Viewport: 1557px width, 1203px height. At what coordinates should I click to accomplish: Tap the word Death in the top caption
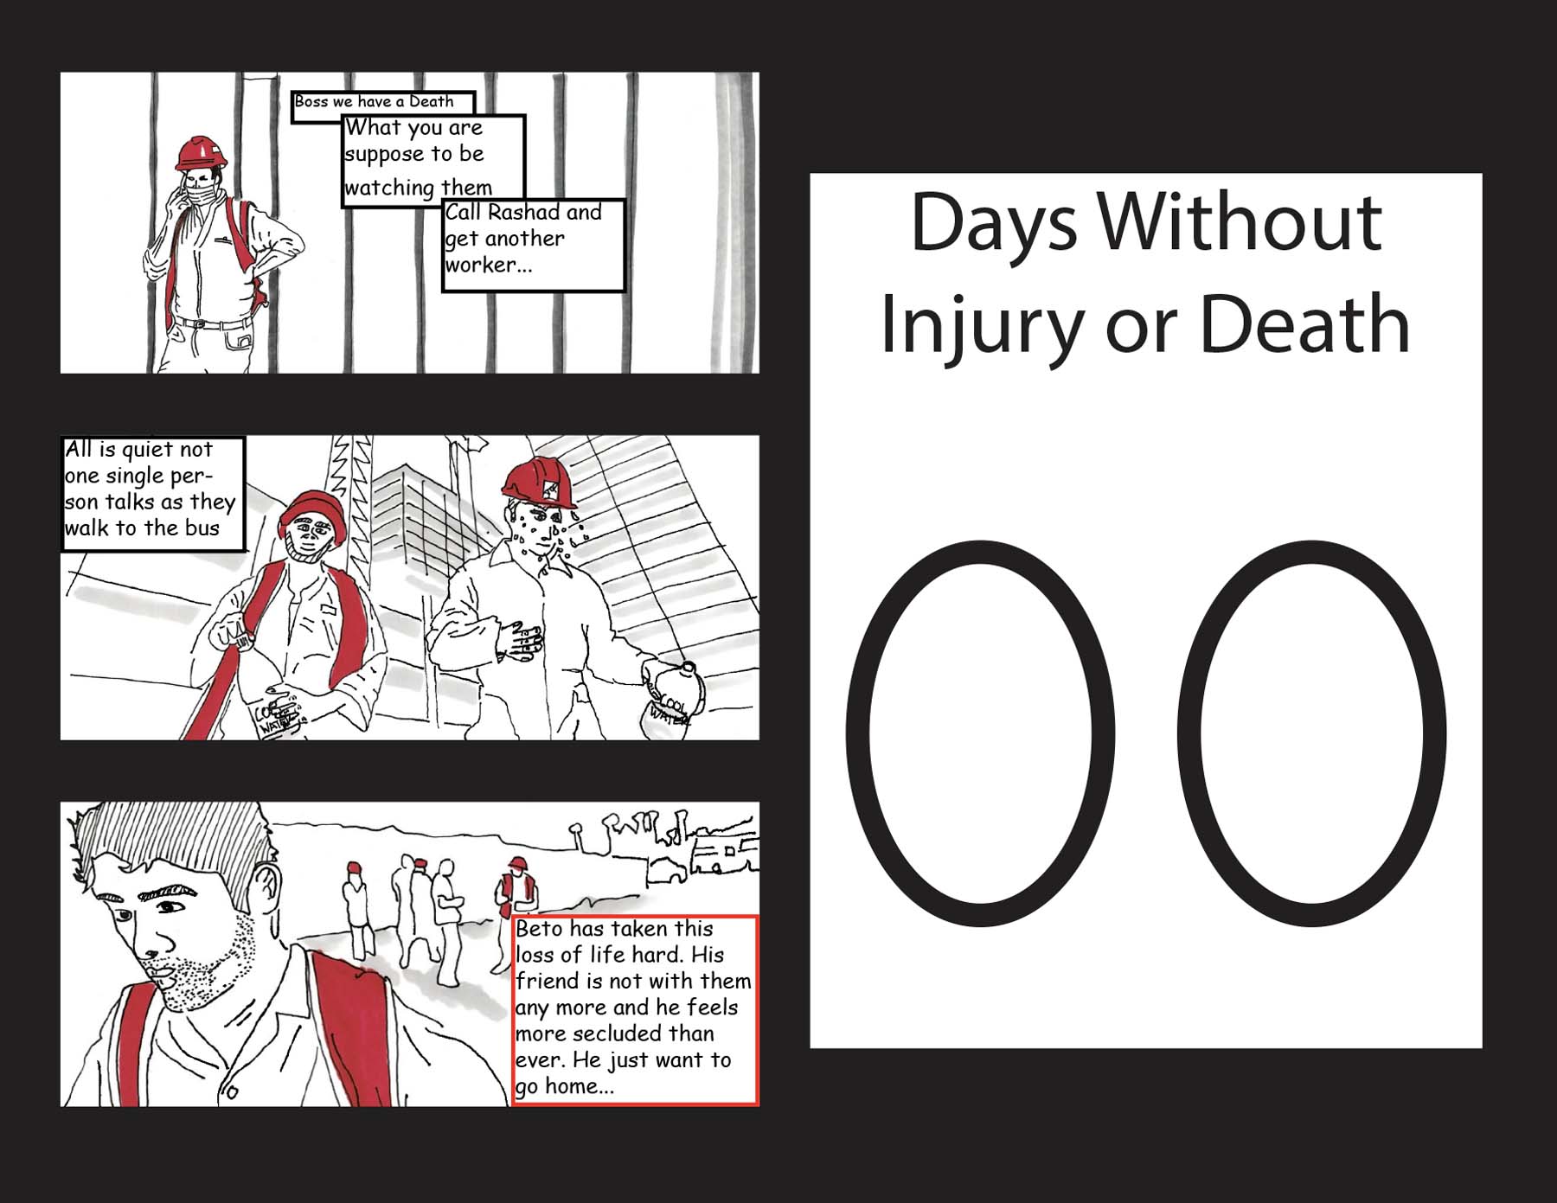[x=431, y=101]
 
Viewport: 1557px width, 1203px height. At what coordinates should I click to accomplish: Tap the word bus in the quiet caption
[x=202, y=528]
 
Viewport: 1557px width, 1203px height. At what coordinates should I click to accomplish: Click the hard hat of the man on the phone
[x=201, y=153]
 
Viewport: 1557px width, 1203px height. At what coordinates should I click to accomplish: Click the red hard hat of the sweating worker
[x=540, y=483]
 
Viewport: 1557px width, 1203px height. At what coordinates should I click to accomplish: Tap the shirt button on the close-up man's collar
[x=232, y=1091]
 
